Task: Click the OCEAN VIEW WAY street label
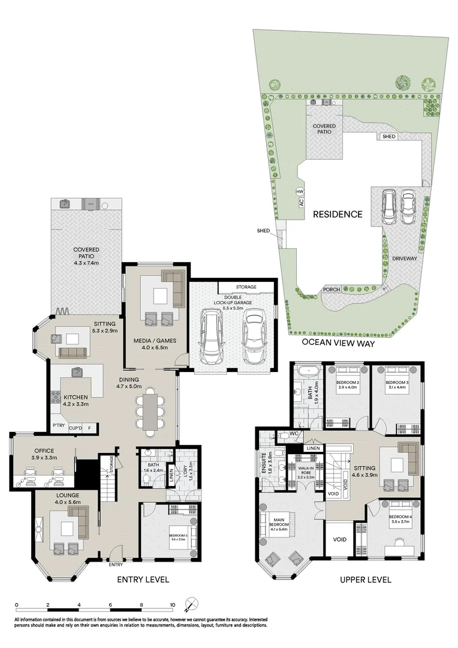(341, 343)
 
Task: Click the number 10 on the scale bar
(172, 605)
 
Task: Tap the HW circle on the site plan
(300, 191)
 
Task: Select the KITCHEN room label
(76, 397)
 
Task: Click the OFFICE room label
(44, 451)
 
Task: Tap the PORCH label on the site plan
(331, 290)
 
